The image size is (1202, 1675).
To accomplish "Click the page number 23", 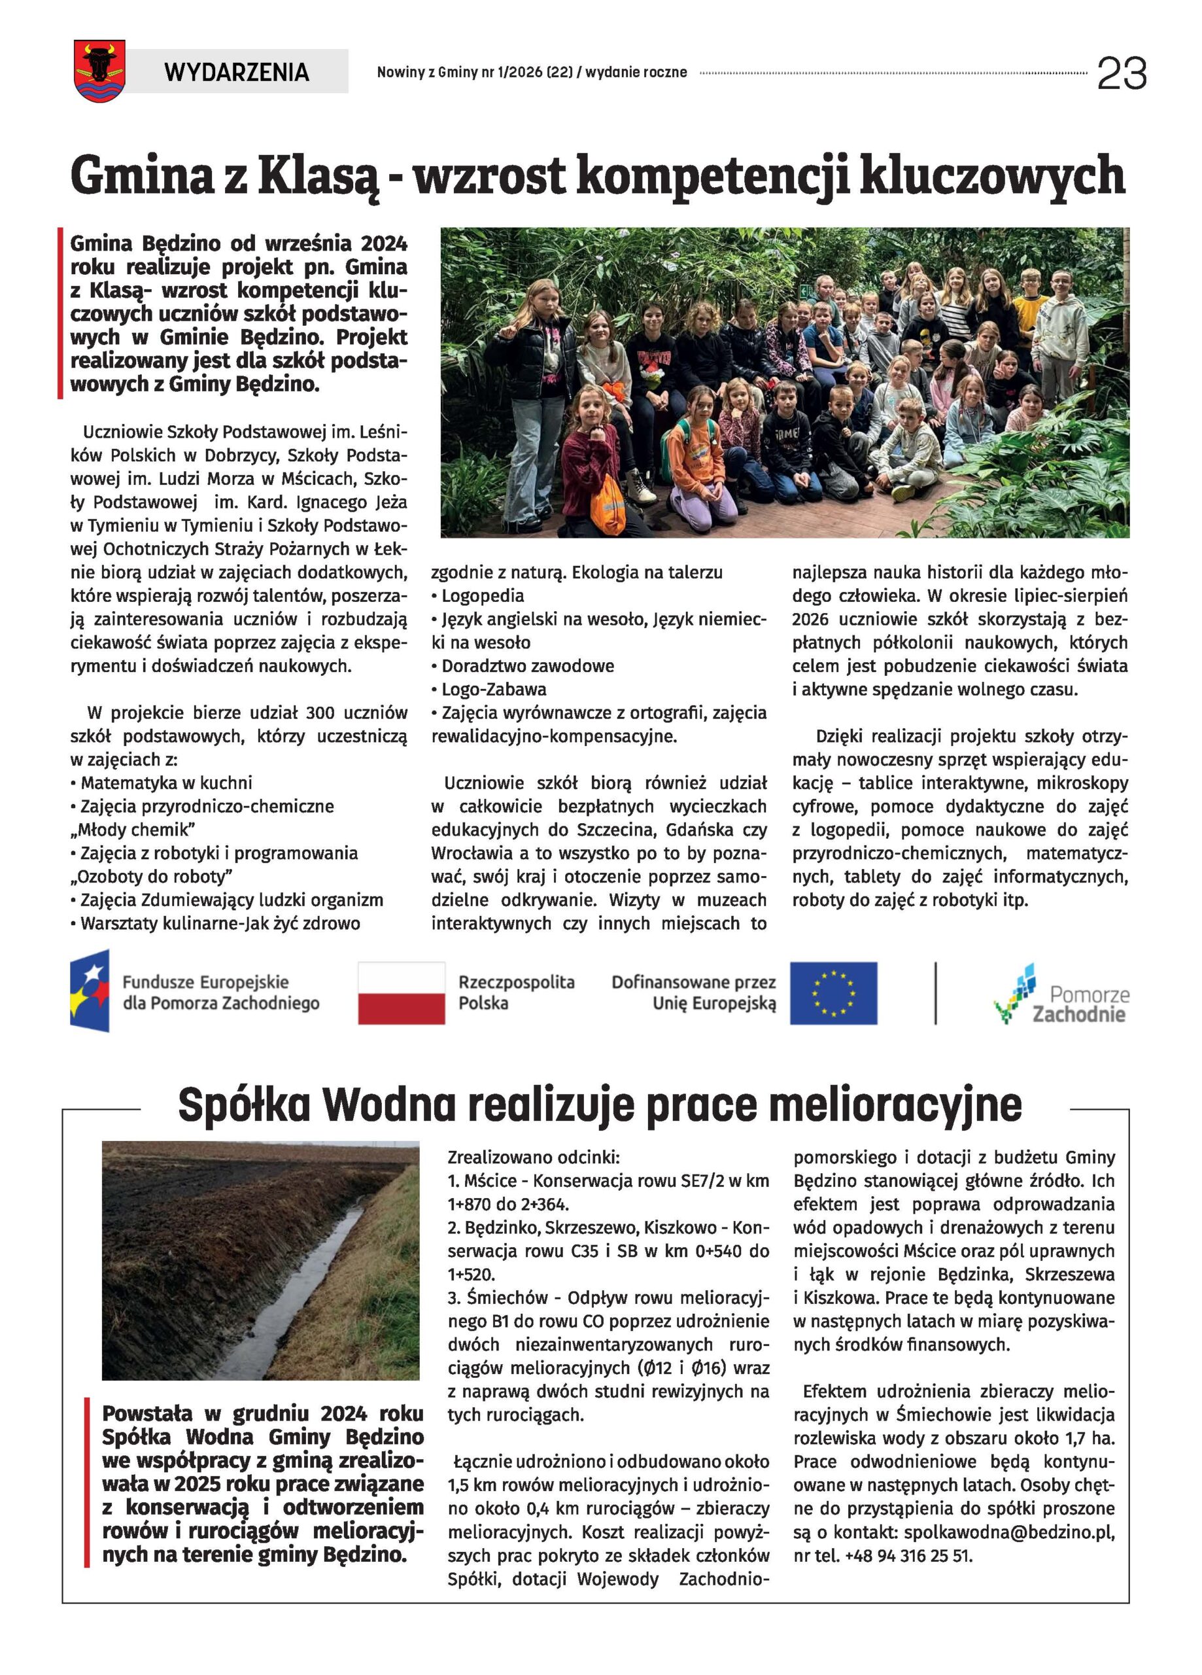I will tap(1122, 73).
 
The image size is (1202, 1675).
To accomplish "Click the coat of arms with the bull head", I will tap(99, 71).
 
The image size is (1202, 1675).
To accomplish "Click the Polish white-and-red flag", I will tap(401, 993).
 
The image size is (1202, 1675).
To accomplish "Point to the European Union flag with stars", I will tap(833, 993).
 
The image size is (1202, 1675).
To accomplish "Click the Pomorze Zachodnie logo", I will tap(1061, 994).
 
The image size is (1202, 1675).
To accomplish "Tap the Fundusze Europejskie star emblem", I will tap(90, 991).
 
